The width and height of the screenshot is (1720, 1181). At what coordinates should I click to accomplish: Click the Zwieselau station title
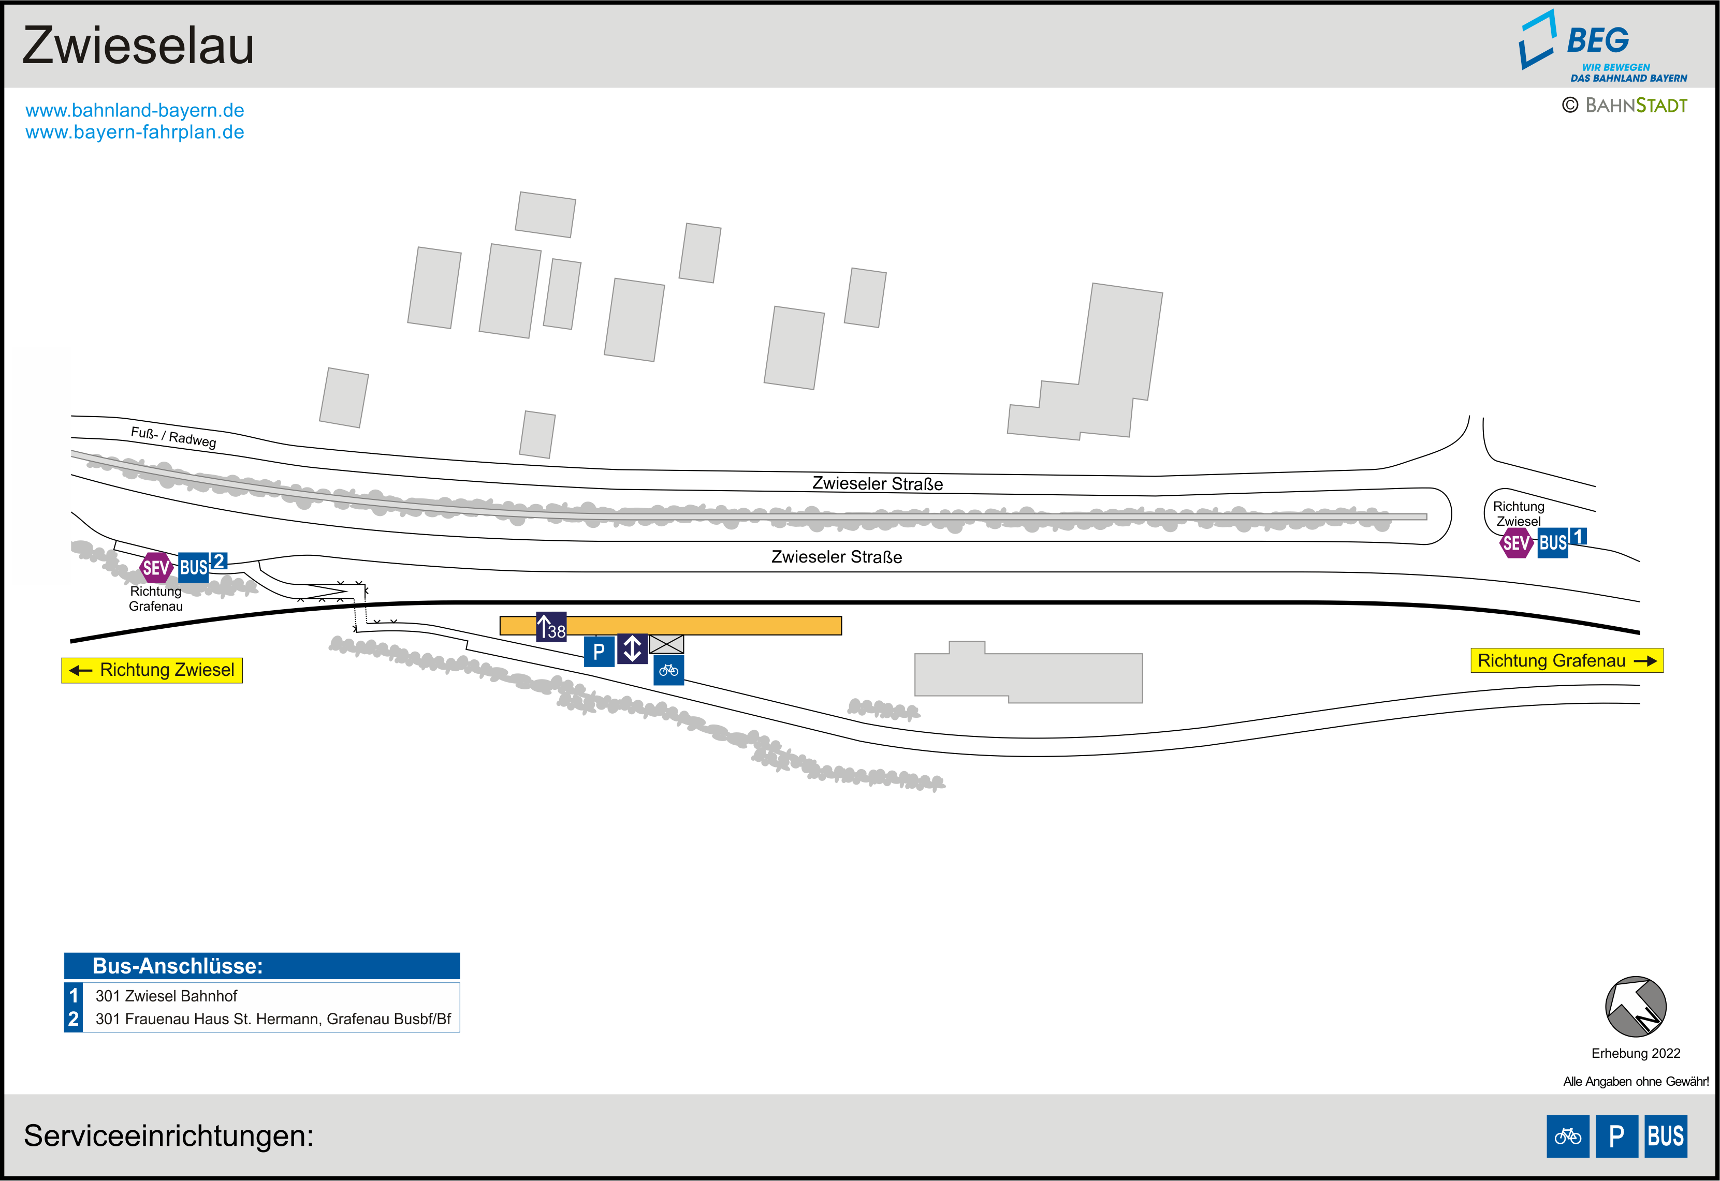tap(138, 46)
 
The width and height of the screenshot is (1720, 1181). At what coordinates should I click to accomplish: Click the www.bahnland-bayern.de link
tap(135, 110)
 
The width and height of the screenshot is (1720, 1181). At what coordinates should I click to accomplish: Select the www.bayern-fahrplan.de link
tap(135, 132)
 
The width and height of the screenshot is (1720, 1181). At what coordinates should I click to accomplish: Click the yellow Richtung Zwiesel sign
tap(152, 670)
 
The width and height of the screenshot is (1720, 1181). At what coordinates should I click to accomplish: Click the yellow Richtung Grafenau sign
tap(1566, 661)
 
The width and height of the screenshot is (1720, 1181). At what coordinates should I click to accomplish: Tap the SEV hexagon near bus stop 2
tap(155, 568)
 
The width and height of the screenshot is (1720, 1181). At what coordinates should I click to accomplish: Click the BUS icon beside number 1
tap(1553, 543)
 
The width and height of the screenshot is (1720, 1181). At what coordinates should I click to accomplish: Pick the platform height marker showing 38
tap(551, 627)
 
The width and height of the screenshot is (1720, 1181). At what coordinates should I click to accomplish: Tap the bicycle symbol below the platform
tap(668, 670)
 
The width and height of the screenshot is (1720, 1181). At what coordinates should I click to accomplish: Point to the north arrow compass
tap(1636, 1007)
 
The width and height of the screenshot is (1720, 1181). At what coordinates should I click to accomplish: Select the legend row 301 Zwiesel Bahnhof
tap(167, 996)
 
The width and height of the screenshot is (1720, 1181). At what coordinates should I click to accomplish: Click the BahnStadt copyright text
tap(1625, 106)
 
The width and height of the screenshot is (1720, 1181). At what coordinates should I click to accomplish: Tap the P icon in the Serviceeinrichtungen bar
tap(1616, 1136)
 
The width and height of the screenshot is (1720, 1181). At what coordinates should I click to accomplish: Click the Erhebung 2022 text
tap(1636, 1053)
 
